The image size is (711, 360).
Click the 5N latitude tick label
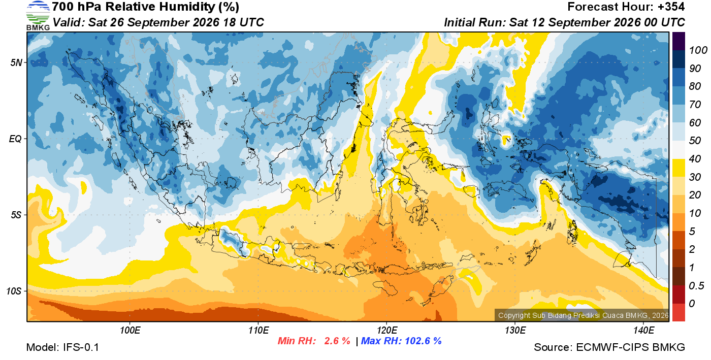coord(16,62)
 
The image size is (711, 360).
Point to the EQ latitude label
coord(15,139)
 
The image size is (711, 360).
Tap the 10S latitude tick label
coord(14,291)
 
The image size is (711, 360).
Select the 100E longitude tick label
coord(130,331)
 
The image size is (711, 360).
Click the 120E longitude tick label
coord(387,331)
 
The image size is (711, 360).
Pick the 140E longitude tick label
coord(643,331)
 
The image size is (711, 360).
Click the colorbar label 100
coord(698,50)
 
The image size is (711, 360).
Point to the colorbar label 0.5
coord(696,286)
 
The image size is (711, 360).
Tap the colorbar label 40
coord(695,159)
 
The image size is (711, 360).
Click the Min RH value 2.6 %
coord(337,341)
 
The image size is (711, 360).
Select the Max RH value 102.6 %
coord(424,341)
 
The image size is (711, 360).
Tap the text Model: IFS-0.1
coord(62,347)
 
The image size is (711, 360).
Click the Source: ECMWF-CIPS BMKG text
coord(609,347)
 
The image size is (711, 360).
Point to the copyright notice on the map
coord(584,315)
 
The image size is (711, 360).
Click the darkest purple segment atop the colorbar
coord(678,41)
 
